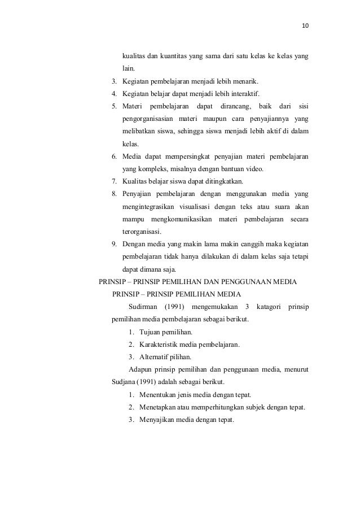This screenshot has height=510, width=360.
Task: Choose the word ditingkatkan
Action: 223,181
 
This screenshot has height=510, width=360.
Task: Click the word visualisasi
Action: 200,206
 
